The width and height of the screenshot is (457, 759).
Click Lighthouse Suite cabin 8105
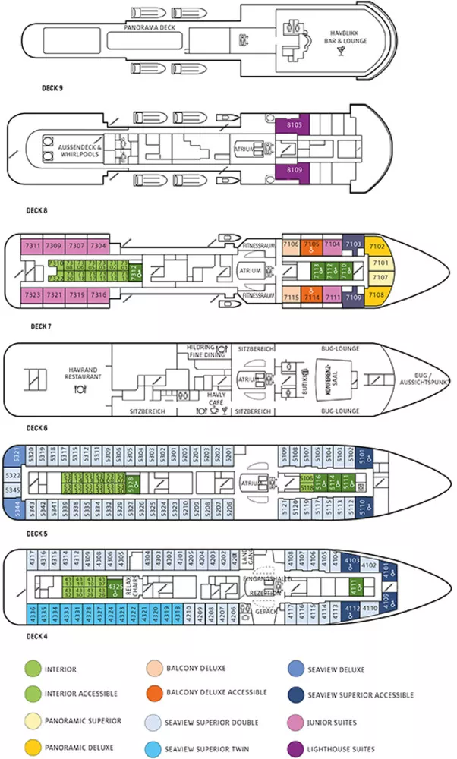coord(294,124)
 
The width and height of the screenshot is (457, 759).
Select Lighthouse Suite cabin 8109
coord(294,170)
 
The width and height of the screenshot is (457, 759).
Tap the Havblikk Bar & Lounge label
coord(348,36)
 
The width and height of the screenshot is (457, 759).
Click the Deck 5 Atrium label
coord(249,482)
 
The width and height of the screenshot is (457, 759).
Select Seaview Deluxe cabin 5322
coord(13,476)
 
